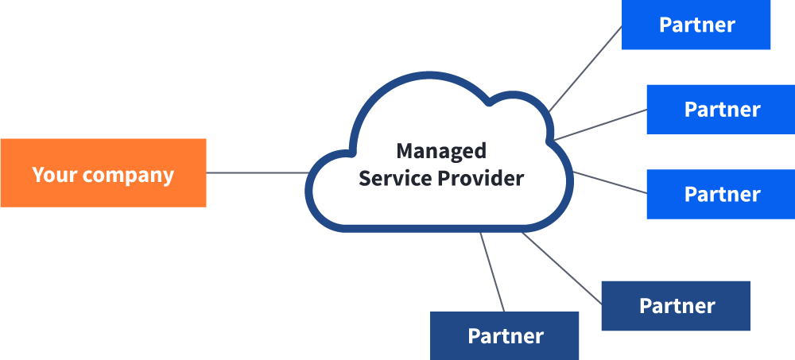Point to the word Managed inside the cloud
point(441,150)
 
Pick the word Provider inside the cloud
point(480,177)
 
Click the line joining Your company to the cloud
point(257,172)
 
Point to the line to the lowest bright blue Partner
point(611,182)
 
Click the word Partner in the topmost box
point(696,25)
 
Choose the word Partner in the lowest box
point(506,336)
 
